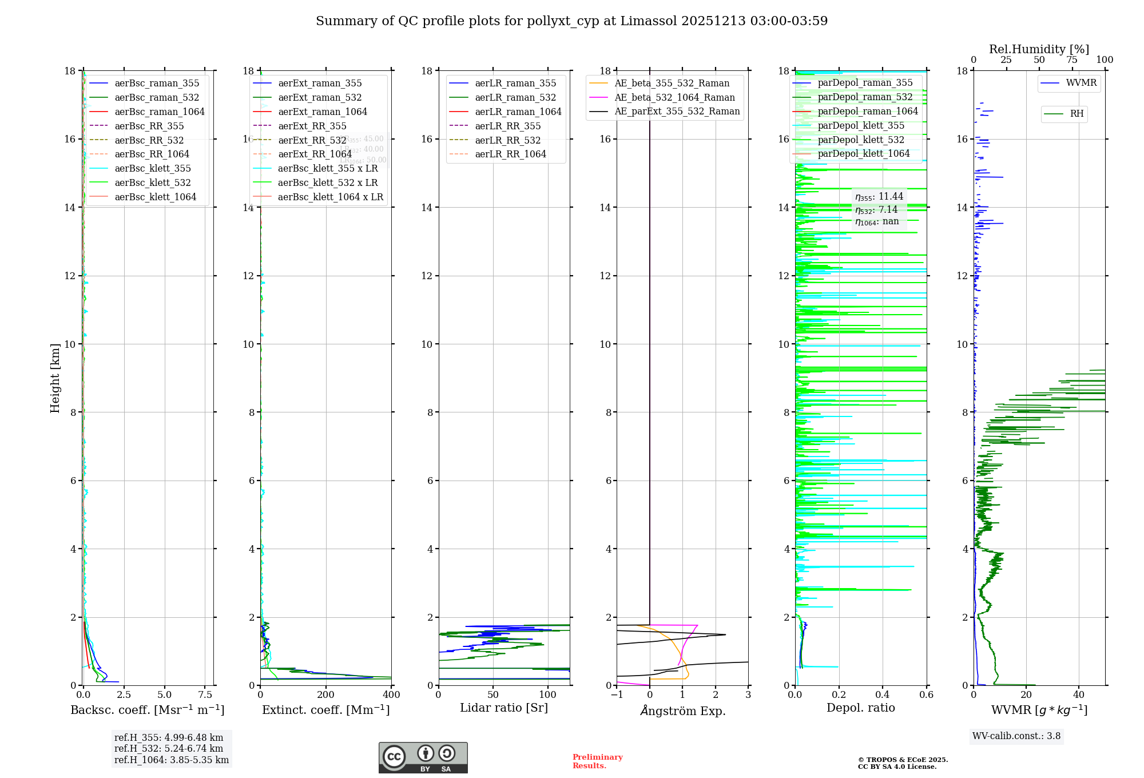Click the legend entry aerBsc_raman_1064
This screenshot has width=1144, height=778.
159,112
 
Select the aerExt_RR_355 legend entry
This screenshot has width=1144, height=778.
312,126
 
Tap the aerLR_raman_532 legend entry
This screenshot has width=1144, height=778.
515,97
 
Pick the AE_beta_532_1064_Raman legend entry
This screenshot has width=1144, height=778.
674,97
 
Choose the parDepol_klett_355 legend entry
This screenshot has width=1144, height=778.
861,125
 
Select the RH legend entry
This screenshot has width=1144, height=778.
1077,114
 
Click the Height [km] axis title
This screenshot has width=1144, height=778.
55,378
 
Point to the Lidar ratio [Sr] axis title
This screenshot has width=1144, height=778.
504,708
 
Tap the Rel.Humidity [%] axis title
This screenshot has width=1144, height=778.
1039,49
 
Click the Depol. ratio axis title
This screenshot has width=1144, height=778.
860,708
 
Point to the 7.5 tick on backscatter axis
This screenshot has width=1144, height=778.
205,695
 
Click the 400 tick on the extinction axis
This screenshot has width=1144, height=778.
391,695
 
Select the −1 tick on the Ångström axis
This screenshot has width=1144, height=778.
617,695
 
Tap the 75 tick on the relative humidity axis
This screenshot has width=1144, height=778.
1071,60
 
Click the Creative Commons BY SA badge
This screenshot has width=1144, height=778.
423,758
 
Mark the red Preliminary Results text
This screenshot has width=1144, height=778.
597,761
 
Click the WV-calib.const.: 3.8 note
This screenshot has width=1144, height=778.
1016,736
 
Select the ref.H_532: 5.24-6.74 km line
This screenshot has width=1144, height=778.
168,749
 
